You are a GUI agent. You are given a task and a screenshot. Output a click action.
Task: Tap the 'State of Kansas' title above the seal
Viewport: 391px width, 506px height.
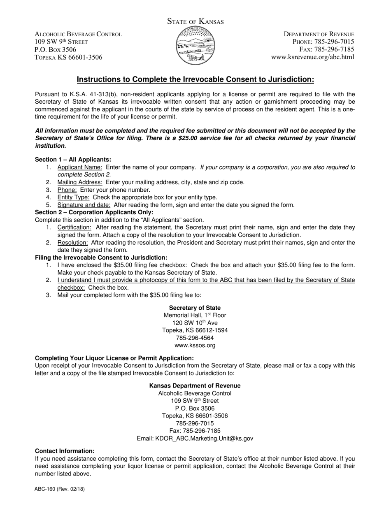coord(195,21)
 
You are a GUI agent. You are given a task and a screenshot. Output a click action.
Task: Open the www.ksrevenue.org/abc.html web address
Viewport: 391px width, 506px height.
coord(312,57)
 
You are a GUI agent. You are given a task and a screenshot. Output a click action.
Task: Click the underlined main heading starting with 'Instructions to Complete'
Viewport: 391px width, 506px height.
coord(195,79)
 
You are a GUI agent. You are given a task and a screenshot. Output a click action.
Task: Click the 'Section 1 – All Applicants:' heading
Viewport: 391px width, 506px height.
coord(73,160)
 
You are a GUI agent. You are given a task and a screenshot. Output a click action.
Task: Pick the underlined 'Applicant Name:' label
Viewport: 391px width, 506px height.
coord(80,167)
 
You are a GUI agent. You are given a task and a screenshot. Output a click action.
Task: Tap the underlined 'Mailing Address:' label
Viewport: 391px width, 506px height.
coord(80,182)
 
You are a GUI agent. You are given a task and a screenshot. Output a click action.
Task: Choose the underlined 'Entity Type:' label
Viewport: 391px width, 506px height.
coord(73,197)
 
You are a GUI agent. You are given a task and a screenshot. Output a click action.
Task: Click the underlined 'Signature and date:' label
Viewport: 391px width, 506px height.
coord(84,205)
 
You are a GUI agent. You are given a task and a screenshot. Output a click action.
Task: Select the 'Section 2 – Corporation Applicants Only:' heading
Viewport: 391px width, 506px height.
coord(94,212)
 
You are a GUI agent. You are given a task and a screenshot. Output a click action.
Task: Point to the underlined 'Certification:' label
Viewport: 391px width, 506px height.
coord(74,227)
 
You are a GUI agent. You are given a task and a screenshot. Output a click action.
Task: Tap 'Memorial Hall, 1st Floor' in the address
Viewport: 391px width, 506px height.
coord(195,315)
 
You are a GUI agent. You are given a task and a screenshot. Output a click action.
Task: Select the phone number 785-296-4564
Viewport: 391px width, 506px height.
coord(195,338)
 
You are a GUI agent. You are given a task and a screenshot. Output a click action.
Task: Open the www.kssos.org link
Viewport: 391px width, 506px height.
coord(195,345)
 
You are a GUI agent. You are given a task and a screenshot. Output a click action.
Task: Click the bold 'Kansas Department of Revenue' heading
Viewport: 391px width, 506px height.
coord(195,386)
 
